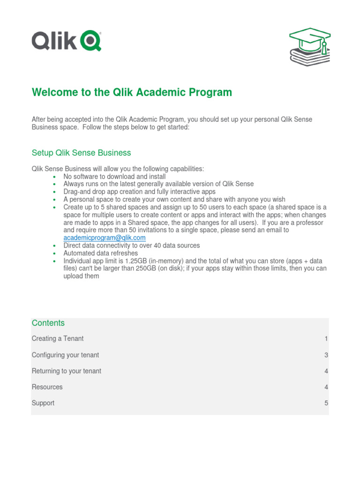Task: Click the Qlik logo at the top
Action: click(66, 41)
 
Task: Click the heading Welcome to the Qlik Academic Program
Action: click(132, 92)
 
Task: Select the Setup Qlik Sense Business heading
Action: click(81, 153)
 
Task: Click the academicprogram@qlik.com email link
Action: click(104, 238)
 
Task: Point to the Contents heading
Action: click(48, 323)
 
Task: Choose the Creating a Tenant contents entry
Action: click(58, 338)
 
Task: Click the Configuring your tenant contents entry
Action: click(65, 355)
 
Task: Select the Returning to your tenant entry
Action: click(66, 371)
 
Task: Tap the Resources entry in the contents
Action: click(47, 387)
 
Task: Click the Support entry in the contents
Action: click(43, 403)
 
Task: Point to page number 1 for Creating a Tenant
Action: click(326, 338)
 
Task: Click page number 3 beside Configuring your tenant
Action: click(326, 355)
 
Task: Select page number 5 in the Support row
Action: click(326, 403)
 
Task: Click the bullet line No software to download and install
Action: click(114, 176)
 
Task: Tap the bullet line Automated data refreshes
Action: click(100, 253)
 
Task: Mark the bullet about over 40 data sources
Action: click(131, 245)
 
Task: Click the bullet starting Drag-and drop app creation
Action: click(139, 192)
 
